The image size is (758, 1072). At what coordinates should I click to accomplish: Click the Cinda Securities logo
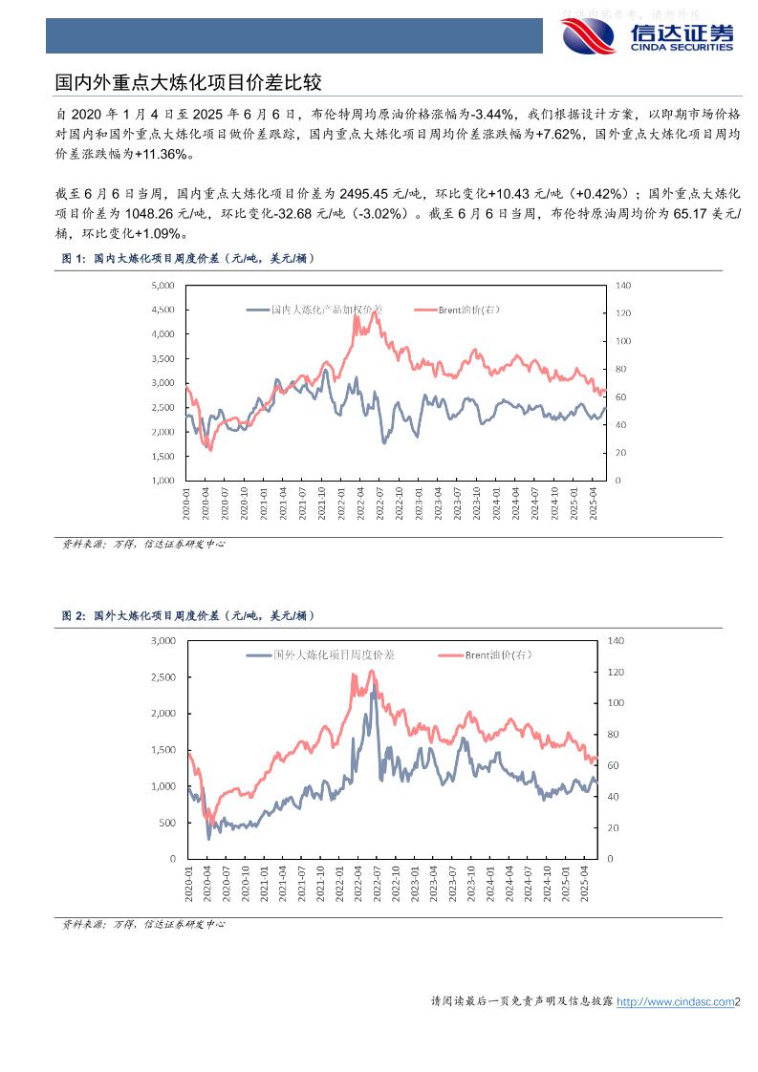648,35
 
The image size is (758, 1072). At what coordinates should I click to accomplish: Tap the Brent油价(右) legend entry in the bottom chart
496,654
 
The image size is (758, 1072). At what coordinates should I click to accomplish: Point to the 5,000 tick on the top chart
162,286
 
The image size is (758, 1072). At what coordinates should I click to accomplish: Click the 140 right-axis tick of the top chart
623,286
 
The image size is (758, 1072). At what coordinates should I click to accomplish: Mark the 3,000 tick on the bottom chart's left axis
163,640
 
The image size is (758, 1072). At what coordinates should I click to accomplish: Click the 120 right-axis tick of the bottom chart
616,672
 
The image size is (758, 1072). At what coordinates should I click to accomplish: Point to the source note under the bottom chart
143,924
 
